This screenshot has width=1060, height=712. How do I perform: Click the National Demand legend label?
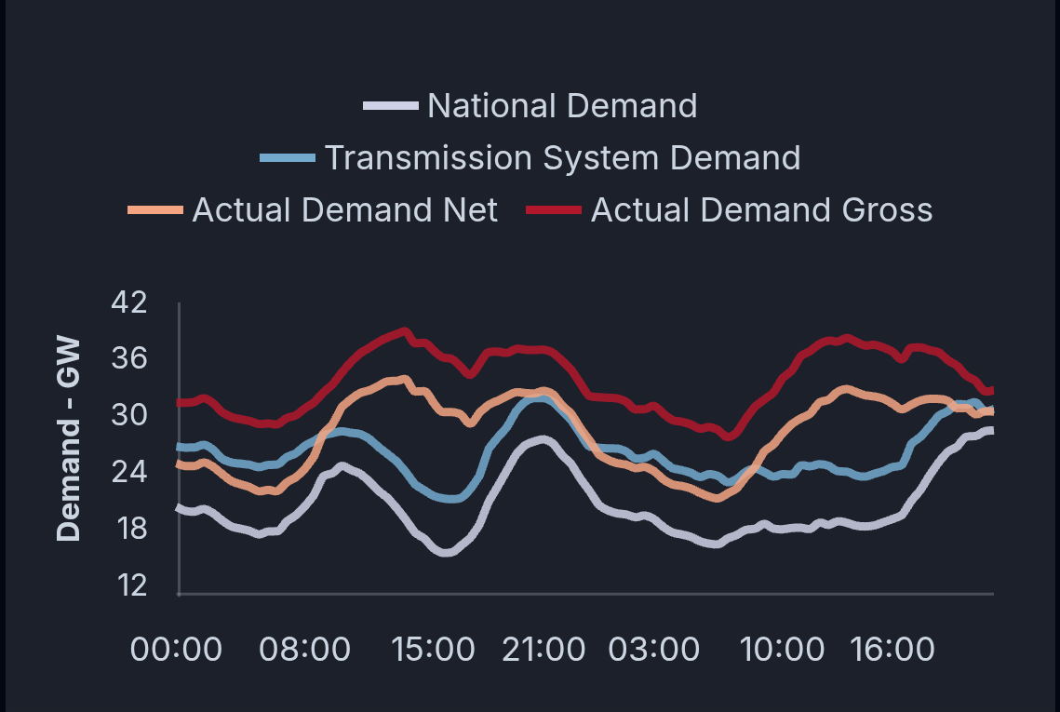(x=562, y=106)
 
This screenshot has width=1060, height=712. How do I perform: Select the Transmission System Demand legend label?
(x=562, y=158)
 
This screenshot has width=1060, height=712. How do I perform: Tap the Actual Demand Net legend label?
(x=345, y=210)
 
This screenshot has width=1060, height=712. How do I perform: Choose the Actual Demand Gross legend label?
(x=761, y=210)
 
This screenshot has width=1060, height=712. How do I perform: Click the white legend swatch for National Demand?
(x=390, y=106)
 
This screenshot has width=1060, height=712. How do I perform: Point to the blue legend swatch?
(x=288, y=158)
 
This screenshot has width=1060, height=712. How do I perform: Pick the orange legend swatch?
(x=155, y=210)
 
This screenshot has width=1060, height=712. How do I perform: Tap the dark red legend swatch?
(x=554, y=210)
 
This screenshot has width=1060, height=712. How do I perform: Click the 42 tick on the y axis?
(x=128, y=302)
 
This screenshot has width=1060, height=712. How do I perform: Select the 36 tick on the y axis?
(x=128, y=359)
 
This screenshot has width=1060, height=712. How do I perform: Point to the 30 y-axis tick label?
(x=128, y=416)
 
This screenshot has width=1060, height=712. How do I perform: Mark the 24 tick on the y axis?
(x=128, y=473)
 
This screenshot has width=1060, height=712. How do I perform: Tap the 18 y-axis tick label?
(x=128, y=530)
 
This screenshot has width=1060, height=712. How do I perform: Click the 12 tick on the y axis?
(x=128, y=586)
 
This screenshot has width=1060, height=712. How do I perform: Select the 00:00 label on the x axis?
(x=177, y=649)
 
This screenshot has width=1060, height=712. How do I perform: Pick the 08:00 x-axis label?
(x=305, y=649)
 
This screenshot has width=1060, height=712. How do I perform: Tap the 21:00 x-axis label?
(x=543, y=649)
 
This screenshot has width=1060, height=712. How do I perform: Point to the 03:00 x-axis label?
(x=653, y=649)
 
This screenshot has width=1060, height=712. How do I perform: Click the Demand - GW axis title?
(x=69, y=439)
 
